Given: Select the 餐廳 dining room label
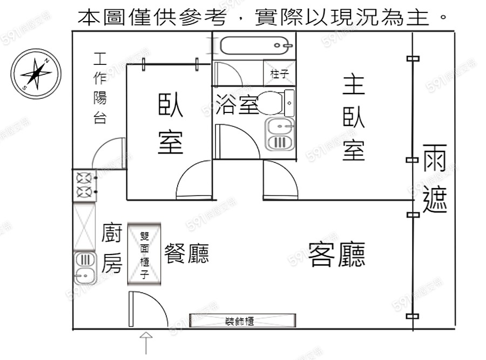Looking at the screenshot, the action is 186,253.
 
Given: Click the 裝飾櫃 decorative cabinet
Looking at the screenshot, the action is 242,321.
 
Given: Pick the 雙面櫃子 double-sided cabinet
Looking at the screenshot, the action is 144,254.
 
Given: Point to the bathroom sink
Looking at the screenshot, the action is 280,135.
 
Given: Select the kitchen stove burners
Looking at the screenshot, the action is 85,185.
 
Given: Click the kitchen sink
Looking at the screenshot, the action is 84,268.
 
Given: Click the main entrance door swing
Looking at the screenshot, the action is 146,308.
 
